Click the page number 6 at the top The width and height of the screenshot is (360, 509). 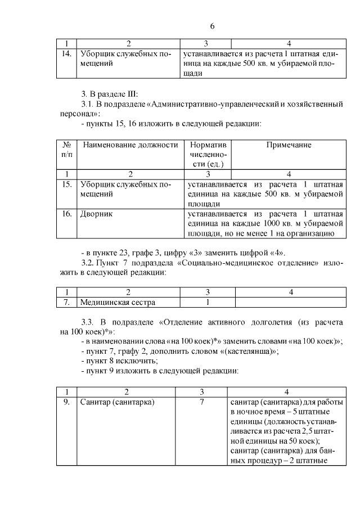pos(213,26)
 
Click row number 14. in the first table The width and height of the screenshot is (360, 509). pos(66,54)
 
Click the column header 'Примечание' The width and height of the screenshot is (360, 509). pos(289,145)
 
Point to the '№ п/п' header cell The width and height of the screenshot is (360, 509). pos(66,150)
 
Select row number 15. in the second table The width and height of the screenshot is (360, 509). pos(66,184)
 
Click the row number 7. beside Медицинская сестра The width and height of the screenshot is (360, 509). pos(66,302)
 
